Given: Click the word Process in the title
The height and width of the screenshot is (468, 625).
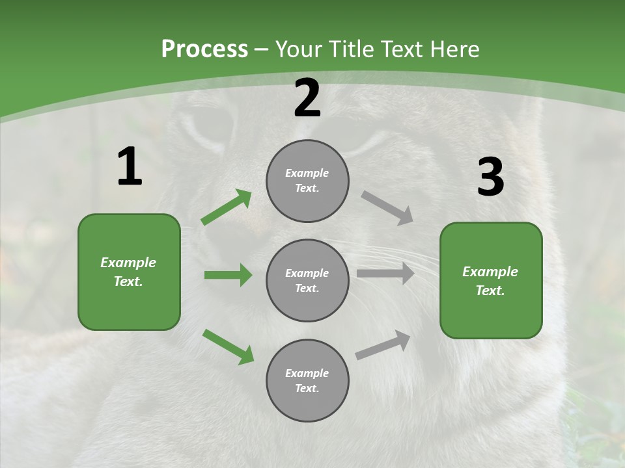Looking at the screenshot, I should [204, 49].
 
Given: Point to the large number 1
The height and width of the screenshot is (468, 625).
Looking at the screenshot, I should [130, 167].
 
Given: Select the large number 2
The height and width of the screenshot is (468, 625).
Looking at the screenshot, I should [307, 99].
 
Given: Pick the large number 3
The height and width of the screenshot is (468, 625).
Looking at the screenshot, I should [491, 177].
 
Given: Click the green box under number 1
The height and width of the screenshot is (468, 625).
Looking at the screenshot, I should [129, 272].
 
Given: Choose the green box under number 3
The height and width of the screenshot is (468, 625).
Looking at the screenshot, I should [491, 280].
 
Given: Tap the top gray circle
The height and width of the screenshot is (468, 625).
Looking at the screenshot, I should [307, 181].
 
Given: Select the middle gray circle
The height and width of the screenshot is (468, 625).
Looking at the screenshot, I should [307, 280].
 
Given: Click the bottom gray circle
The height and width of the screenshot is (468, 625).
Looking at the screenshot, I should [307, 380].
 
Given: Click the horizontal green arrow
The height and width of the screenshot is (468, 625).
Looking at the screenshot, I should [228, 275].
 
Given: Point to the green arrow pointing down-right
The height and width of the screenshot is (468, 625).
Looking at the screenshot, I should [229, 346].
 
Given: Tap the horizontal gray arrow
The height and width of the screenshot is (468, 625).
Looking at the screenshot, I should [385, 274].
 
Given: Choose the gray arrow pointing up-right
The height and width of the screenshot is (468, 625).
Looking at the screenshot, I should [383, 344].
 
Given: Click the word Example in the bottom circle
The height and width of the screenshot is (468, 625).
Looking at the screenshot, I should [307, 373].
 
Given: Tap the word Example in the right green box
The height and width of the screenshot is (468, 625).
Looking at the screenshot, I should [490, 272].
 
